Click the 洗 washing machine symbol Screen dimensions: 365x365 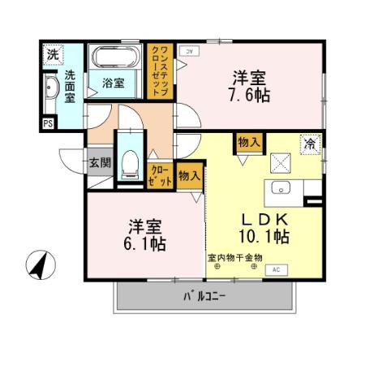[x=52, y=55]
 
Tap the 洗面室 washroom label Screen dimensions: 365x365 [x=71, y=86]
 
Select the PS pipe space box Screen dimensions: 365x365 [x=48, y=123]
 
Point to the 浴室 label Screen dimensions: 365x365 [x=113, y=82]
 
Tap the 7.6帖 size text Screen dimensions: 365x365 [x=250, y=94]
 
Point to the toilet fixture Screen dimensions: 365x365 [x=128, y=165]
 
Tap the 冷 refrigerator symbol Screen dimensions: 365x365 [x=309, y=144]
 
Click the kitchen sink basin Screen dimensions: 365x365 [x=283, y=188]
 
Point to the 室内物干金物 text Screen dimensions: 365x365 [x=236, y=259]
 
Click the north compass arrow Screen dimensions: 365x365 [x=37, y=264]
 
